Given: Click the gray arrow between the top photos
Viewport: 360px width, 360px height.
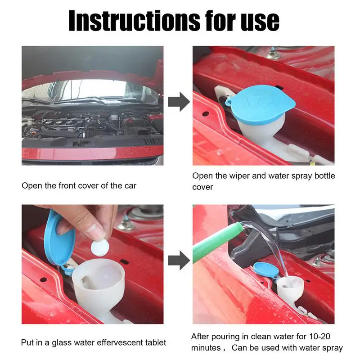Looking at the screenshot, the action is pos(179,102).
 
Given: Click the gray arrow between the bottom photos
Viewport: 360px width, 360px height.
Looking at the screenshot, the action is pos(179,261).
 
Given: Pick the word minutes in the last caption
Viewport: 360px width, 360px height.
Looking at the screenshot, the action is pos(206,348).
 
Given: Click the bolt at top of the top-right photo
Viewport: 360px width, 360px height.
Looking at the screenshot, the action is pos(273,54).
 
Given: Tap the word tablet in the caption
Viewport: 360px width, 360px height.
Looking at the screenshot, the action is pos(156,342).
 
